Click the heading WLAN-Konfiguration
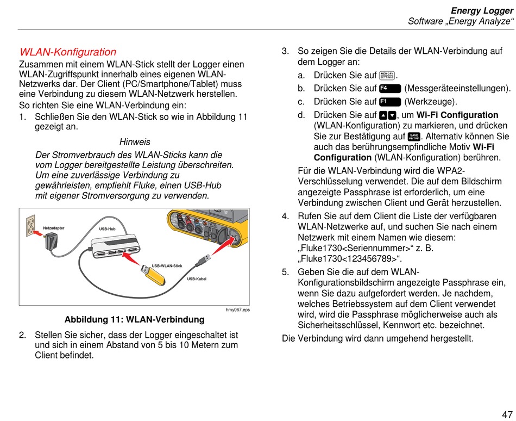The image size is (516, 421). click(x=68, y=52)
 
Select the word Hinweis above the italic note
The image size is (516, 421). click(x=135, y=142)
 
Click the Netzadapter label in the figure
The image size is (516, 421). click(x=54, y=228)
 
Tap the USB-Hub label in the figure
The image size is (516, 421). click(x=107, y=229)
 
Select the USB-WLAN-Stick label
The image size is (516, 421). click(x=167, y=265)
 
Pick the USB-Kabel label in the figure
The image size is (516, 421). click(x=197, y=279)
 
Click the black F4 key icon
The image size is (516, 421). click(x=390, y=88)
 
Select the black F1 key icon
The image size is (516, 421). click(x=390, y=102)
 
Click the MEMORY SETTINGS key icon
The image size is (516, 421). click(x=387, y=75)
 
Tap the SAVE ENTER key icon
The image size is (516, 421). click(x=414, y=136)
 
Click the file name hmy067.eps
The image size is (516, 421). click(x=237, y=309)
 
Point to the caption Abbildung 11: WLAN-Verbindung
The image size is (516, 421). click(x=134, y=319)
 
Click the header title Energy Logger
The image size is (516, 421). click(x=482, y=10)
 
